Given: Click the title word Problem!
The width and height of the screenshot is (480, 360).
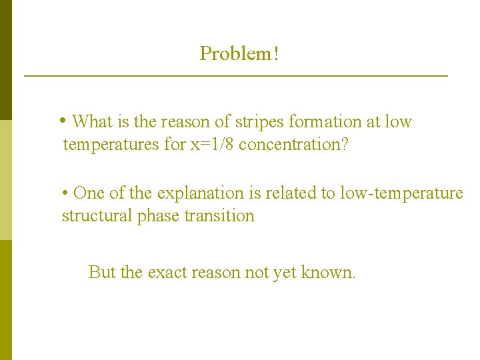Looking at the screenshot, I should [239, 53].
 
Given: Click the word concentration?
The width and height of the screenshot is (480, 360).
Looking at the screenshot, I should [293, 145].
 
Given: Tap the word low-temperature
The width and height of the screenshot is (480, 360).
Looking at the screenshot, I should [401, 193].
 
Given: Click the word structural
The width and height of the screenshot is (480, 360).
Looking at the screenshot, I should [95, 216].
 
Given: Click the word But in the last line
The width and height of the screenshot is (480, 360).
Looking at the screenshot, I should [101, 272].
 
